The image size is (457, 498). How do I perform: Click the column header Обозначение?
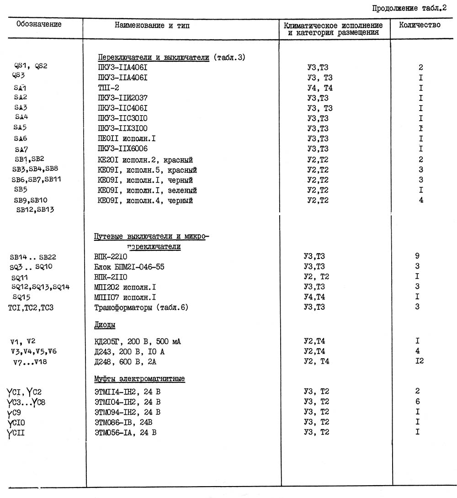pyautogui.click(x=39, y=24)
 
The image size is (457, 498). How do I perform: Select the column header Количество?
pyautogui.click(x=420, y=25)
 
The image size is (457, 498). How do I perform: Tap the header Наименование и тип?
pyautogui.click(x=152, y=26)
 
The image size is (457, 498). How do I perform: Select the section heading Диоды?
pyautogui.click(x=104, y=325)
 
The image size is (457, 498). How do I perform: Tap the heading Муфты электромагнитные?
pyautogui.click(x=139, y=379)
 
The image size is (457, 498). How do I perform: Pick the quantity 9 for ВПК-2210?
pyautogui.click(x=417, y=256)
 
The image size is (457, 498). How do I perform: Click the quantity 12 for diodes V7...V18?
pyautogui.click(x=419, y=361)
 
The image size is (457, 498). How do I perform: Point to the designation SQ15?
pyautogui.click(x=21, y=297)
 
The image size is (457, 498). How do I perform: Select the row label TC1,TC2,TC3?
pyautogui.click(x=31, y=307)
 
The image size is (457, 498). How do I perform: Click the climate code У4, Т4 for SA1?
pyautogui.click(x=319, y=88)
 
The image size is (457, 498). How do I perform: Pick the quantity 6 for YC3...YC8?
pyautogui.click(x=418, y=402)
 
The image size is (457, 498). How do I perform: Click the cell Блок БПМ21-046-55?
pyautogui.click(x=129, y=266)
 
